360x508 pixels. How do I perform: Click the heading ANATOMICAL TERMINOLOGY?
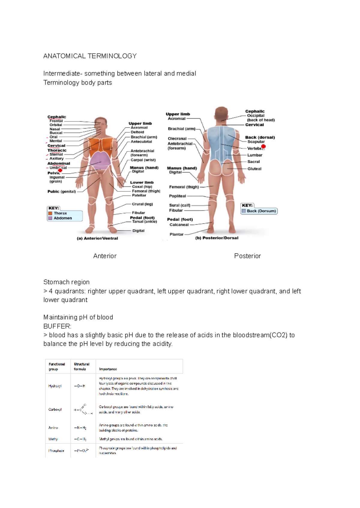[x=90, y=56]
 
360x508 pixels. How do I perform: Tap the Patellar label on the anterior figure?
[x=139, y=195]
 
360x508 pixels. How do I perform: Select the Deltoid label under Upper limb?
[x=137, y=132]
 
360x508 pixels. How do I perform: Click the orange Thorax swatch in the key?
[x=50, y=213]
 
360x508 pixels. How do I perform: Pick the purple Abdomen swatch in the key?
[x=50, y=218]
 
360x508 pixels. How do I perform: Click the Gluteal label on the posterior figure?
[x=254, y=169]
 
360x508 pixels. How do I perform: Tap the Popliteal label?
[x=177, y=196]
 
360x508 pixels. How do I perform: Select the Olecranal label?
[x=177, y=139]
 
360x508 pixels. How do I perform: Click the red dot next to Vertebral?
[x=263, y=147]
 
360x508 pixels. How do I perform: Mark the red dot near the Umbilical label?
[x=60, y=170]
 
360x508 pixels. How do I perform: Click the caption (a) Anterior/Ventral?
[x=97, y=238]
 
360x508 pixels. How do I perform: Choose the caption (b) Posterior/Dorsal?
[x=217, y=238]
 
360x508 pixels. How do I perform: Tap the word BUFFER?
[x=57, y=326]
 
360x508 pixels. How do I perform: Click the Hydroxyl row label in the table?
[x=55, y=386]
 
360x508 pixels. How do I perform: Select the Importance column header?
[x=108, y=369]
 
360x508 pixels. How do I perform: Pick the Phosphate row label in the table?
[x=56, y=451]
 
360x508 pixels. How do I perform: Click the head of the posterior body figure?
[x=221, y=114]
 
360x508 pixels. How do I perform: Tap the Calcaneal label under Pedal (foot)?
[x=179, y=225]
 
